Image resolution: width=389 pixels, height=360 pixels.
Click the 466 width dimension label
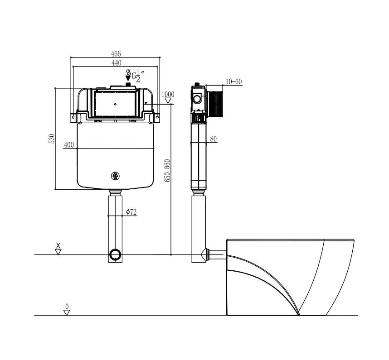coord(116,53)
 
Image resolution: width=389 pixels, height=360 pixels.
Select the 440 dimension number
coord(117,63)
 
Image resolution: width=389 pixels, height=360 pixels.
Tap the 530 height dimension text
coord(52,139)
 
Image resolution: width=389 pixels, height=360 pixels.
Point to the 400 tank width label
coord(69,145)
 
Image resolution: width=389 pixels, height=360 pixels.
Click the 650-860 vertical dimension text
coord(168,171)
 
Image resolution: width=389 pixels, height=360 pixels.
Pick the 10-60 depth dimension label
coord(233,82)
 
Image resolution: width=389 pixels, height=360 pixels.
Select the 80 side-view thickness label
coord(214,139)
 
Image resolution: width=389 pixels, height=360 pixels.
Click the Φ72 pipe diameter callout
coord(131,212)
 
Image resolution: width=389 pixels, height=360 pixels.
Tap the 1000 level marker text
coord(168,94)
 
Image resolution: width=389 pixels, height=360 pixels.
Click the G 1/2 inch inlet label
coord(138,76)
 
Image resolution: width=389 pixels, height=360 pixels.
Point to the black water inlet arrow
coord(128,75)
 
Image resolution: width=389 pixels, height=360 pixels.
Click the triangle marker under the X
coord(58,252)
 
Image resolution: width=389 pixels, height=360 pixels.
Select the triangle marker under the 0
coord(67,312)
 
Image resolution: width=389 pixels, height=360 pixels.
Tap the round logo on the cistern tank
coord(115,176)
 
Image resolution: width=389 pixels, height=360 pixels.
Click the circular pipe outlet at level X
coord(115,254)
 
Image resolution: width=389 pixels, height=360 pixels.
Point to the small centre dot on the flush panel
coord(115,104)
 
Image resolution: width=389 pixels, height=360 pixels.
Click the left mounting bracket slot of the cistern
coord(73,116)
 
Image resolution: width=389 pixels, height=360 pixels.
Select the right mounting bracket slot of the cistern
coord(157,116)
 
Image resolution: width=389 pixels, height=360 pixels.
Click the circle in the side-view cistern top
coord(197,99)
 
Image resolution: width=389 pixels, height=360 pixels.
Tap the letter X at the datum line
coord(58,245)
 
